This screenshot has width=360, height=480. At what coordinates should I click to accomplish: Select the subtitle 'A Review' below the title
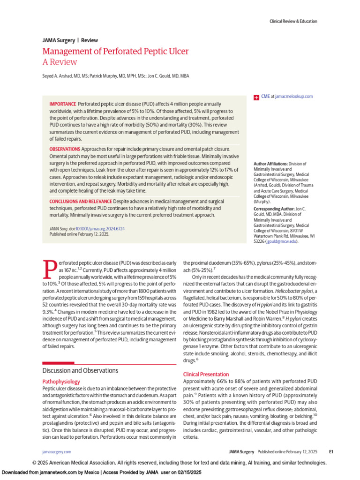(x=60, y=62)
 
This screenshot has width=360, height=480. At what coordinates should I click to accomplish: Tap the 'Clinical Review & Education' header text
(x=293, y=21)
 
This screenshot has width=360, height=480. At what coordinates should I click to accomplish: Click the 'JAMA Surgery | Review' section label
(x=70, y=40)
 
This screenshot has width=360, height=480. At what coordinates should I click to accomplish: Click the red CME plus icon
(x=256, y=97)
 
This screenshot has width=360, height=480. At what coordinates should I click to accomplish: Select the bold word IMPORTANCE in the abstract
(x=62, y=104)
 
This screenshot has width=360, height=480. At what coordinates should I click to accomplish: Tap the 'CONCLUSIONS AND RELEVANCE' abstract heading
(x=81, y=201)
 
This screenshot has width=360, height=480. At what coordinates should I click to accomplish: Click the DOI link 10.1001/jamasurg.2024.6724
(x=100, y=228)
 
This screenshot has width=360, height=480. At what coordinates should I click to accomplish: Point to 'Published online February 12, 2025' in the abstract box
(x=79, y=234)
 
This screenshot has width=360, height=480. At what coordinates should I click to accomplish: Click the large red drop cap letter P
(x=50, y=269)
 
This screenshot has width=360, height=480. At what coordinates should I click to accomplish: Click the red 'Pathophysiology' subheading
(x=61, y=382)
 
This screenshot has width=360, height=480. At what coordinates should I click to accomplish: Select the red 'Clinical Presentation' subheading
(x=206, y=374)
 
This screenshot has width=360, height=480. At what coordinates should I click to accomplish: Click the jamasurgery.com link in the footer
(x=57, y=452)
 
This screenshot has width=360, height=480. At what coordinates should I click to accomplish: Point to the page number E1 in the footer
(x=330, y=452)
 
